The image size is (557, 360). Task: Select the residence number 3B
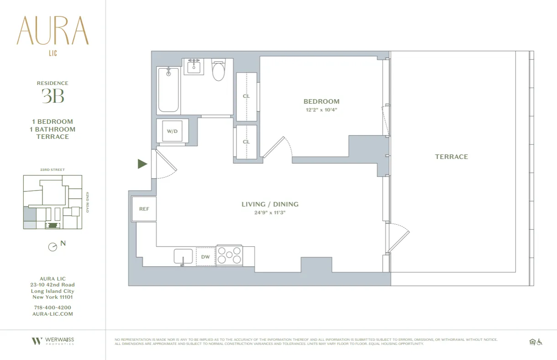click(53, 96)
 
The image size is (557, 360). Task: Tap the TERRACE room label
click(451, 157)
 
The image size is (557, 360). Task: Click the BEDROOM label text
click(321, 101)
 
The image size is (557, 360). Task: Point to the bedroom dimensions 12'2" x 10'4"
click(321, 110)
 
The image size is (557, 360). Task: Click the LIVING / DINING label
click(270, 204)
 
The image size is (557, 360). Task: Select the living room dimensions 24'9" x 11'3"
click(270, 212)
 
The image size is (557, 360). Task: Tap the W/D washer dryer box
click(172, 132)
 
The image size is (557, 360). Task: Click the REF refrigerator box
click(144, 209)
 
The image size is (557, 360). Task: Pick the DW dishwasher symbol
click(205, 257)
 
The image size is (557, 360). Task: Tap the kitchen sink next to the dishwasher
click(184, 256)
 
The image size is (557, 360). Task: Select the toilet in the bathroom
click(219, 70)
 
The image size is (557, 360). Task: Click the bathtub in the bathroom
click(168, 90)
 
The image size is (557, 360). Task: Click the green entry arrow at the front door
click(142, 164)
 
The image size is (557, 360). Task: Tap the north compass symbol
click(53, 247)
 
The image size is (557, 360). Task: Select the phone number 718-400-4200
click(53, 307)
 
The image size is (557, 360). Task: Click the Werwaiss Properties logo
click(53, 341)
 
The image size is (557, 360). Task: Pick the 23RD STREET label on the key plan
click(53, 170)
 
